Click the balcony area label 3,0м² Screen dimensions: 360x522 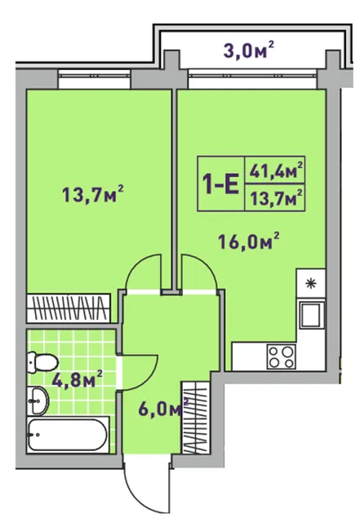click(x=249, y=51)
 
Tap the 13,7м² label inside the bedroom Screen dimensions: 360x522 click(x=93, y=194)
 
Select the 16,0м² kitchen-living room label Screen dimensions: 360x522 click(x=248, y=241)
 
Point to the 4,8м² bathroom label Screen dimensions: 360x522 click(x=78, y=379)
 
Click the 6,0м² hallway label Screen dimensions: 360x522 click(x=163, y=409)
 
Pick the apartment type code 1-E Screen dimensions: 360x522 click(x=221, y=184)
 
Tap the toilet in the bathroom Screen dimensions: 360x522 click(x=42, y=362)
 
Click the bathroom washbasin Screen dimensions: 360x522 click(x=38, y=400)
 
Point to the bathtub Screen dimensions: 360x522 click(x=68, y=435)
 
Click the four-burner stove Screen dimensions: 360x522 click(x=281, y=356)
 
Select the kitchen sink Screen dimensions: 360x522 click(x=312, y=314)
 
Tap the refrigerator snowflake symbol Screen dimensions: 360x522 click(x=311, y=284)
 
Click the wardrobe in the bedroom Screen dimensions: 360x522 click(x=69, y=308)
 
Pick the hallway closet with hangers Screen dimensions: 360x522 click(x=196, y=417)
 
